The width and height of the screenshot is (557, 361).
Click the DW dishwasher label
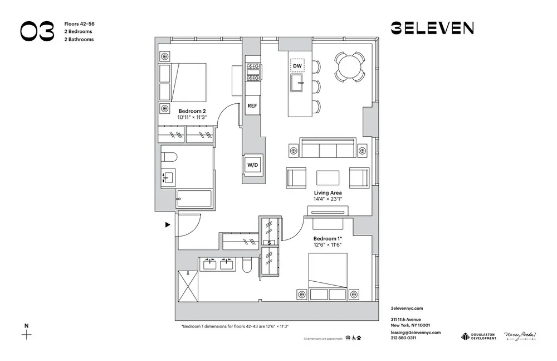297,66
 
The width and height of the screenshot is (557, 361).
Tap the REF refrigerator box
252,105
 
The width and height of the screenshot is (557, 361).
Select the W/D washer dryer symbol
252,165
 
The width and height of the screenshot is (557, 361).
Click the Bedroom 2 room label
192,110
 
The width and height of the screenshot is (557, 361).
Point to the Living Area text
328,192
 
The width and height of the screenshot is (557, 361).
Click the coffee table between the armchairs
328,177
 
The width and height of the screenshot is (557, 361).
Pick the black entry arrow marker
167,225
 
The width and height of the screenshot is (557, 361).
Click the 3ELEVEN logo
432,28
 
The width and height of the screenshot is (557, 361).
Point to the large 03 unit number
37,32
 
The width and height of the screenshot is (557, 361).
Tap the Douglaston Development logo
478,336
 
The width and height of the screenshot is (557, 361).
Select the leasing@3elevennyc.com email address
416,332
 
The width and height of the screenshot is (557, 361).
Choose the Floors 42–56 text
79,24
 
